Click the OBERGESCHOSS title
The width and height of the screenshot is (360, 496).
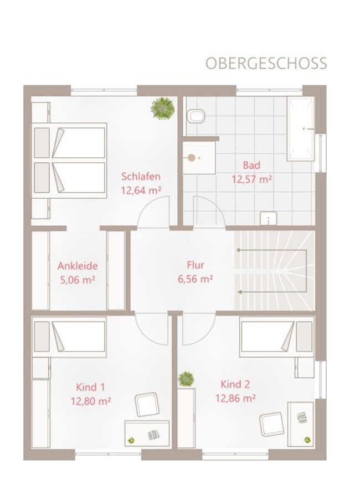click(266, 63)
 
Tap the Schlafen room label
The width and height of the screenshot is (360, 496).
click(141, 176)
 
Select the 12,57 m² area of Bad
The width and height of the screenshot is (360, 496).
click(252, 179)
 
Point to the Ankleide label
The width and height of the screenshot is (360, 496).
click(78, 266)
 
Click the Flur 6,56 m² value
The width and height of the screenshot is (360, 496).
click(195, 279)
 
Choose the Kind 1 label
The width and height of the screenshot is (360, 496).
click(90, 387)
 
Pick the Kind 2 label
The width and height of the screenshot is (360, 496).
click(235, 384)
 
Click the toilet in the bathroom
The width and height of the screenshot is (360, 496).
click(196, 116)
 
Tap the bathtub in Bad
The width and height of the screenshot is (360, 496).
click(301, 129)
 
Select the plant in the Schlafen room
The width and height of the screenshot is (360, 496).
click(163, 108)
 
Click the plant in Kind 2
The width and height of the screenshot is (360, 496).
click(186, 379)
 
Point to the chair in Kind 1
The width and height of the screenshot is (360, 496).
click(147, 404)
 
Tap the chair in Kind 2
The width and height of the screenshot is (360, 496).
click(271, 424)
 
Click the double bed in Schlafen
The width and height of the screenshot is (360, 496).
click(69, 161)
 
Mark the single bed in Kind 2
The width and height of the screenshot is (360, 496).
click(277, 337)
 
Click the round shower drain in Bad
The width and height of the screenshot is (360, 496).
click(192, 158)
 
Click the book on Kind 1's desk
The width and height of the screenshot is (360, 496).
click(154, 435)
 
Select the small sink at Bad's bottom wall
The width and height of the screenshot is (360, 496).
click(268, 218)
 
